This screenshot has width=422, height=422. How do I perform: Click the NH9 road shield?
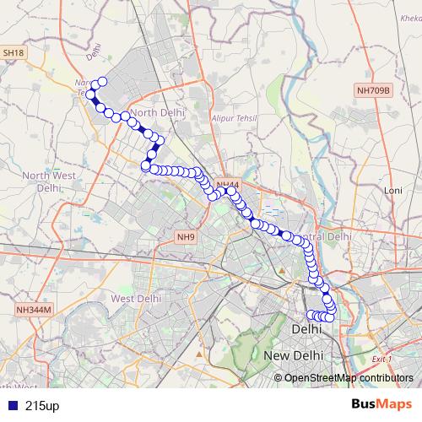186,237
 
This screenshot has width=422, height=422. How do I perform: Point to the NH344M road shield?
34,310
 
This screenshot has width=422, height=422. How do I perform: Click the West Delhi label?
136,298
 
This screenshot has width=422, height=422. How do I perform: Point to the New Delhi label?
294,356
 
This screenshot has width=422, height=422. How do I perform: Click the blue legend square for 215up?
11,406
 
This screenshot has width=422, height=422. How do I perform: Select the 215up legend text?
42,406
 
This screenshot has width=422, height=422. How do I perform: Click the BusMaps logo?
382,405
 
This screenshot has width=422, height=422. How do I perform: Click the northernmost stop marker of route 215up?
103,82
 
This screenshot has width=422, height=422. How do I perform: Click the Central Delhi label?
325,237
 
